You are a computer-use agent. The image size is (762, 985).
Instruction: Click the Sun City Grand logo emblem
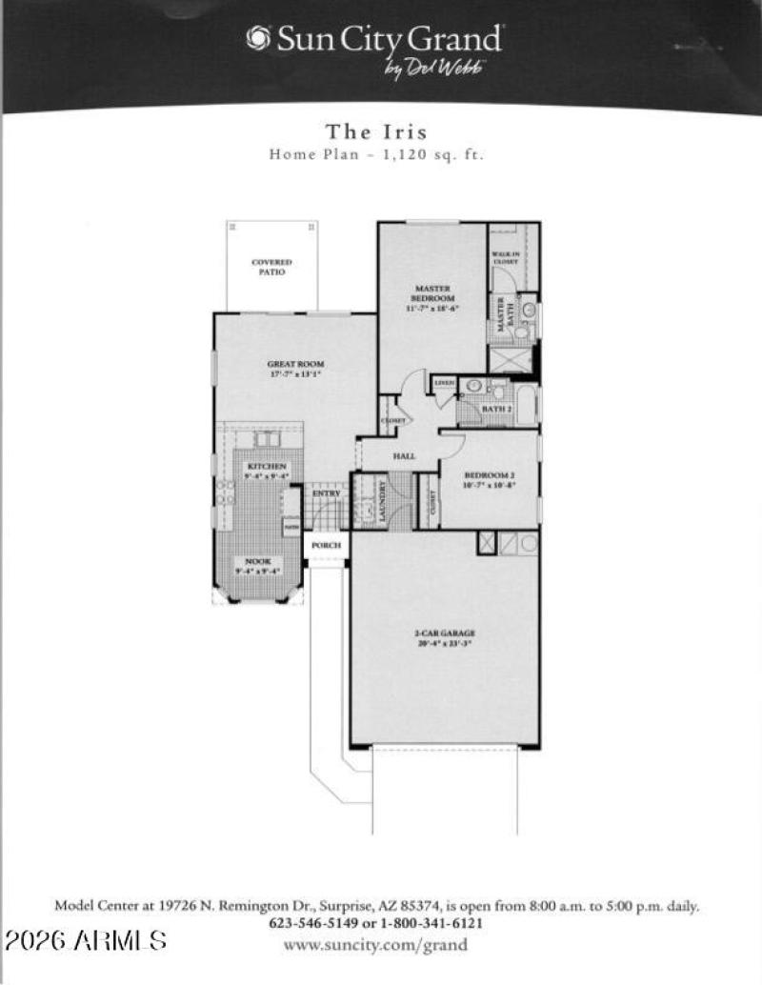[x=257, y=37]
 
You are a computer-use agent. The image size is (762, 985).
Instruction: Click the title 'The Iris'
[x=376, y=131]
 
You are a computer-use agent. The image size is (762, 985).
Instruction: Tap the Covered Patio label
[x=271, y=267]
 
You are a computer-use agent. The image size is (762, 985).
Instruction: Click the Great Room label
[x=294, y=369]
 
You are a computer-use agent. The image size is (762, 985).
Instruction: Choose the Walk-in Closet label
[x=504, y=257]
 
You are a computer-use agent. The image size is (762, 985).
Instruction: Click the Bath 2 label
[x=495, y=409]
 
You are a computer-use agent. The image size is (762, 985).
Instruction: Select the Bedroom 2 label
[x=489, y=479]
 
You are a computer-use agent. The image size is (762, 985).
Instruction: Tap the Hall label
[x=404, y=457]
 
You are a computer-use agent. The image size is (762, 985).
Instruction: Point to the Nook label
[x=257, y=567]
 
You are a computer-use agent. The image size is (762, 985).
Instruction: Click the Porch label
[x=326, y=546]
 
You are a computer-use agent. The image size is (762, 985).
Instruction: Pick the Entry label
[x=326, y=493]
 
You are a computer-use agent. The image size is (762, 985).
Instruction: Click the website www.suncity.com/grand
[x=376, y=945]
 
